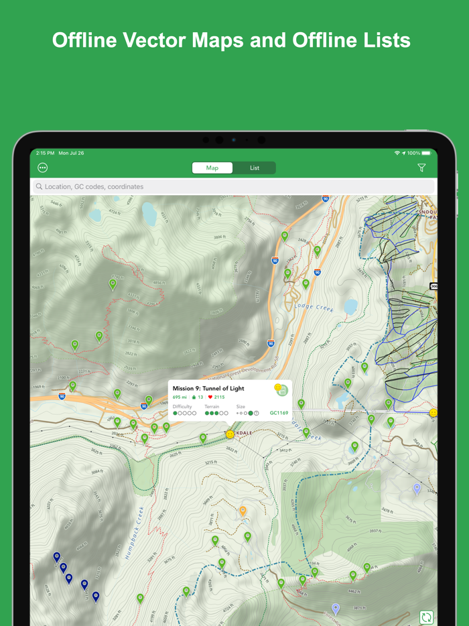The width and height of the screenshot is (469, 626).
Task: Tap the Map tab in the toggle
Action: [x=212, y=168]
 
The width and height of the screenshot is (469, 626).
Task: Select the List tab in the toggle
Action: [x=255, y=168]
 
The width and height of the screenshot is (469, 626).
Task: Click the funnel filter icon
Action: [x=421, y=168]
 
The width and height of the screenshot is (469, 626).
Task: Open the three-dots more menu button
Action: [x=43, y=168]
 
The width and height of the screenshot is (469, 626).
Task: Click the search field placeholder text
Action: [x=94, y=186]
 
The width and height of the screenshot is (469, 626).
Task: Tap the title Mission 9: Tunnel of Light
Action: [x=208, y=388]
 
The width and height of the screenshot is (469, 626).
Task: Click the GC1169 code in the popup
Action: [x=279, y=413]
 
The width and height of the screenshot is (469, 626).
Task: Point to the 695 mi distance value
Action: [x=180, y=397]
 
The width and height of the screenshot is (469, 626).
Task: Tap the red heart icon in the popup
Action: [x=210, y=397]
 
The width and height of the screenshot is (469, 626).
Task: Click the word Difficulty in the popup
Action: [x=182, y=406]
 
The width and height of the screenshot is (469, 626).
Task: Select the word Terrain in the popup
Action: [x=212, y=406]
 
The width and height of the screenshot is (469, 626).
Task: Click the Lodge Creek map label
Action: [x=314, y=307]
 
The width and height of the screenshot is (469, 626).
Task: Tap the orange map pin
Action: [x=243, y=511]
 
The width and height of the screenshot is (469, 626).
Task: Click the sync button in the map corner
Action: [x=426, y=617]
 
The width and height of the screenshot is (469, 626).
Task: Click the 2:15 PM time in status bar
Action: [x=46, y=153]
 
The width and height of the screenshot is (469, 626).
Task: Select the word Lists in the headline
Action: [x=384, y=40]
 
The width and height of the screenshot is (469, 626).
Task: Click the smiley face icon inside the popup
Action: [x=278, y=388]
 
